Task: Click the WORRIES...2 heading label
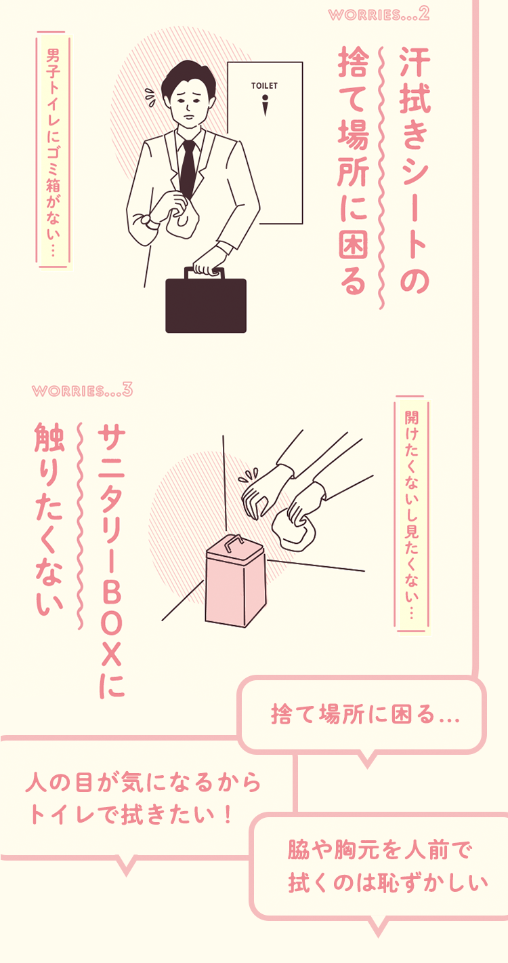tap(379, 15)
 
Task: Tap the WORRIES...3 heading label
tap(81, 391)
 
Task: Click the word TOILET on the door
tap(264, 86)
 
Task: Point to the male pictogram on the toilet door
tap(264, 105)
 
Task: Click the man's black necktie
tap(188, 166)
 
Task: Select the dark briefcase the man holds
tap(206, 304)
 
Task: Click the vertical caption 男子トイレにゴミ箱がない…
tap(52, 149)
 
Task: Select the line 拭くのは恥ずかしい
tap(388, 884)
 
